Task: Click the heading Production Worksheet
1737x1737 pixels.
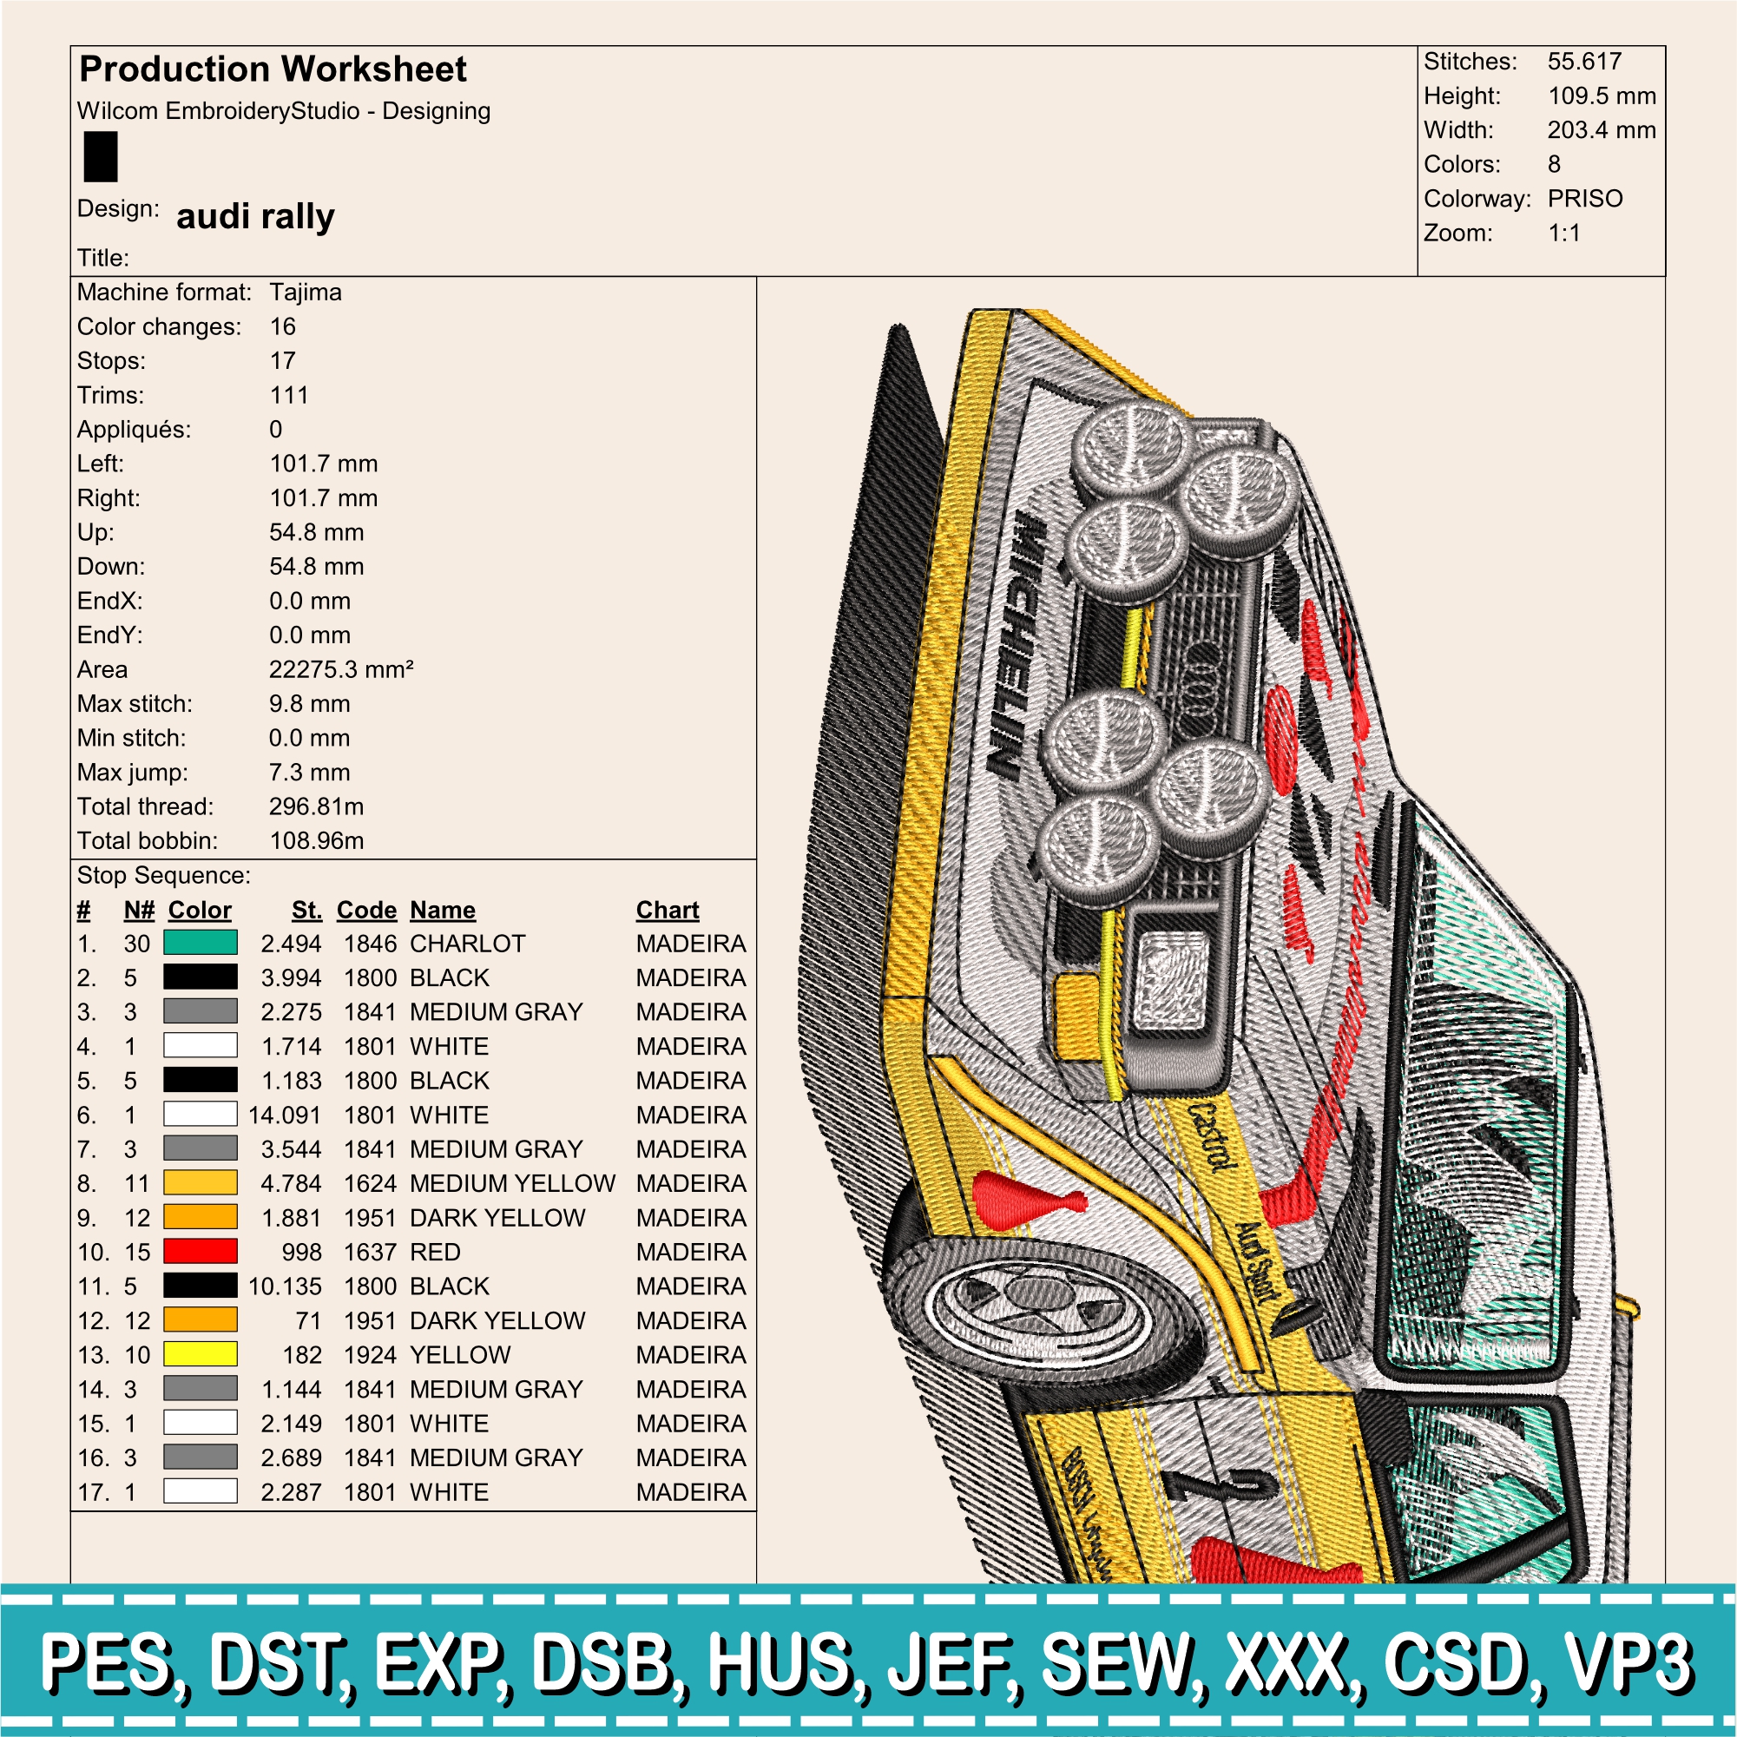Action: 273,69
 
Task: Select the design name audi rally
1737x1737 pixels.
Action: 255,217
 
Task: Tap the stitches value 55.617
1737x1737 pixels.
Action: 1584,61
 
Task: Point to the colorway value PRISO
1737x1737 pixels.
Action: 1585,198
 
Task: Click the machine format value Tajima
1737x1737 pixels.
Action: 306,293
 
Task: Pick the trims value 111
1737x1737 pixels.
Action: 288,395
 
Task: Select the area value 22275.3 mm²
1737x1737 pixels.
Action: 342,669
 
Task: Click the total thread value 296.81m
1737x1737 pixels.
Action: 317,806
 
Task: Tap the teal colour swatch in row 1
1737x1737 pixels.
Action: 201,942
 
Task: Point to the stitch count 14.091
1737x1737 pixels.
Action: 284,1115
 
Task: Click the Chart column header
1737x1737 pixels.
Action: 667,910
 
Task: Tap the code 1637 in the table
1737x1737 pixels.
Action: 370,1252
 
